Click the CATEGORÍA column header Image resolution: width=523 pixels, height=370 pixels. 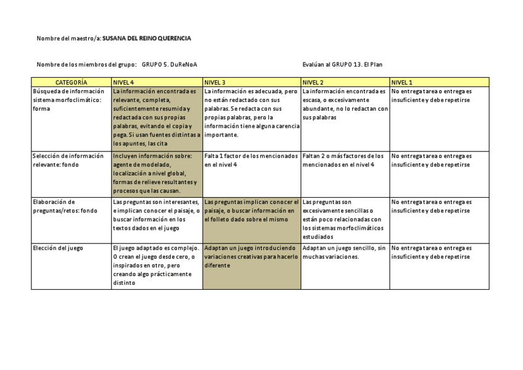(71, 82)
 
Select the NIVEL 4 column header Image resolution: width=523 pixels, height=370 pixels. (123, 82)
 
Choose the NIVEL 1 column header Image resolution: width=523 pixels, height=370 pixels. (402, 82)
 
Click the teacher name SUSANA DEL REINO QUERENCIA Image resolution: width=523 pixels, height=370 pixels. (147, 38)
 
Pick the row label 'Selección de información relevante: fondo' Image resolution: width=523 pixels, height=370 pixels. (68, 161)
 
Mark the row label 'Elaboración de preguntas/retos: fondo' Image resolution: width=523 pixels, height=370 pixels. (65, 206)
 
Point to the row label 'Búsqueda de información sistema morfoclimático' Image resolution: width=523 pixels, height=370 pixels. (68, 100)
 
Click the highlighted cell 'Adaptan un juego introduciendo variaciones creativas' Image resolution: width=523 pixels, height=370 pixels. (251, 257)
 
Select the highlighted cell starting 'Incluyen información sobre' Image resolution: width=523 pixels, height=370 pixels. (157, 174)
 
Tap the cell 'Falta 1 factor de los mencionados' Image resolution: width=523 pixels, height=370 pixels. (251, 161)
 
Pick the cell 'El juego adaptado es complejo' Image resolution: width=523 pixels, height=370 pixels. (157, 266)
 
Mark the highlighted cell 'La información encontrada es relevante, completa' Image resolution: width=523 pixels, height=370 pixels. (157, 117)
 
